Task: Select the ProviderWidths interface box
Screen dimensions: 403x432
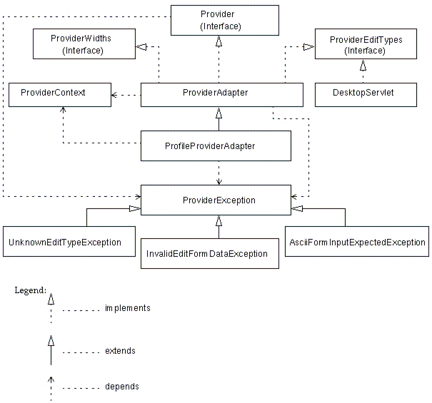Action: click(83, 44)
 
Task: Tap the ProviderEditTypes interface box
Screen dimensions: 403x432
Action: click(366, 45)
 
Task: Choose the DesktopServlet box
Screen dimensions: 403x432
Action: click(364, 93)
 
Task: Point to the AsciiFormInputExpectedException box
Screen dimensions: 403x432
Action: click(357, 242)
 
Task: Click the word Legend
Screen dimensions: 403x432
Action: click(30, 290)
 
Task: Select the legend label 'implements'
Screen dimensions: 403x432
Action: click(127, 309)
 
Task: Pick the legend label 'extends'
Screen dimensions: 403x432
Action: click(120, 351)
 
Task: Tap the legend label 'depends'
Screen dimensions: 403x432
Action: click(121, 387)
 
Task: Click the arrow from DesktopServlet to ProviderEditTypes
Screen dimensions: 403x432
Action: click(363, 71)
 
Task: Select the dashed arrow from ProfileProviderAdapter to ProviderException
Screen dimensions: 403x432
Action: click(218, 173)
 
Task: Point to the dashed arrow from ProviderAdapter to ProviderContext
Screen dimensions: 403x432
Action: click(126, 94)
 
